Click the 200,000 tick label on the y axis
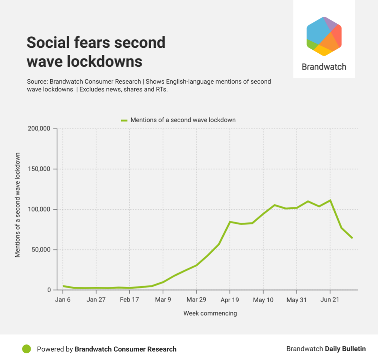39,129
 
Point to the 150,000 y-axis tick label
39,169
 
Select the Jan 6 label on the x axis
63,300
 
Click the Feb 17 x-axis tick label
129,300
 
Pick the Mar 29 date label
196,300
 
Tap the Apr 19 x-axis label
230,300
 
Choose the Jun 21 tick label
330,300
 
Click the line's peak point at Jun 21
330,200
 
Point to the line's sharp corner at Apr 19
230,222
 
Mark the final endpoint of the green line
352,238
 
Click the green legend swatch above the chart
124,120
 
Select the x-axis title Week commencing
210,313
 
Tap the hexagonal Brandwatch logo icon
324,36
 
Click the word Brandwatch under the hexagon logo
324,67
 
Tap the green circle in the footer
26,349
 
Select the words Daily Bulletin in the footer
345,349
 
